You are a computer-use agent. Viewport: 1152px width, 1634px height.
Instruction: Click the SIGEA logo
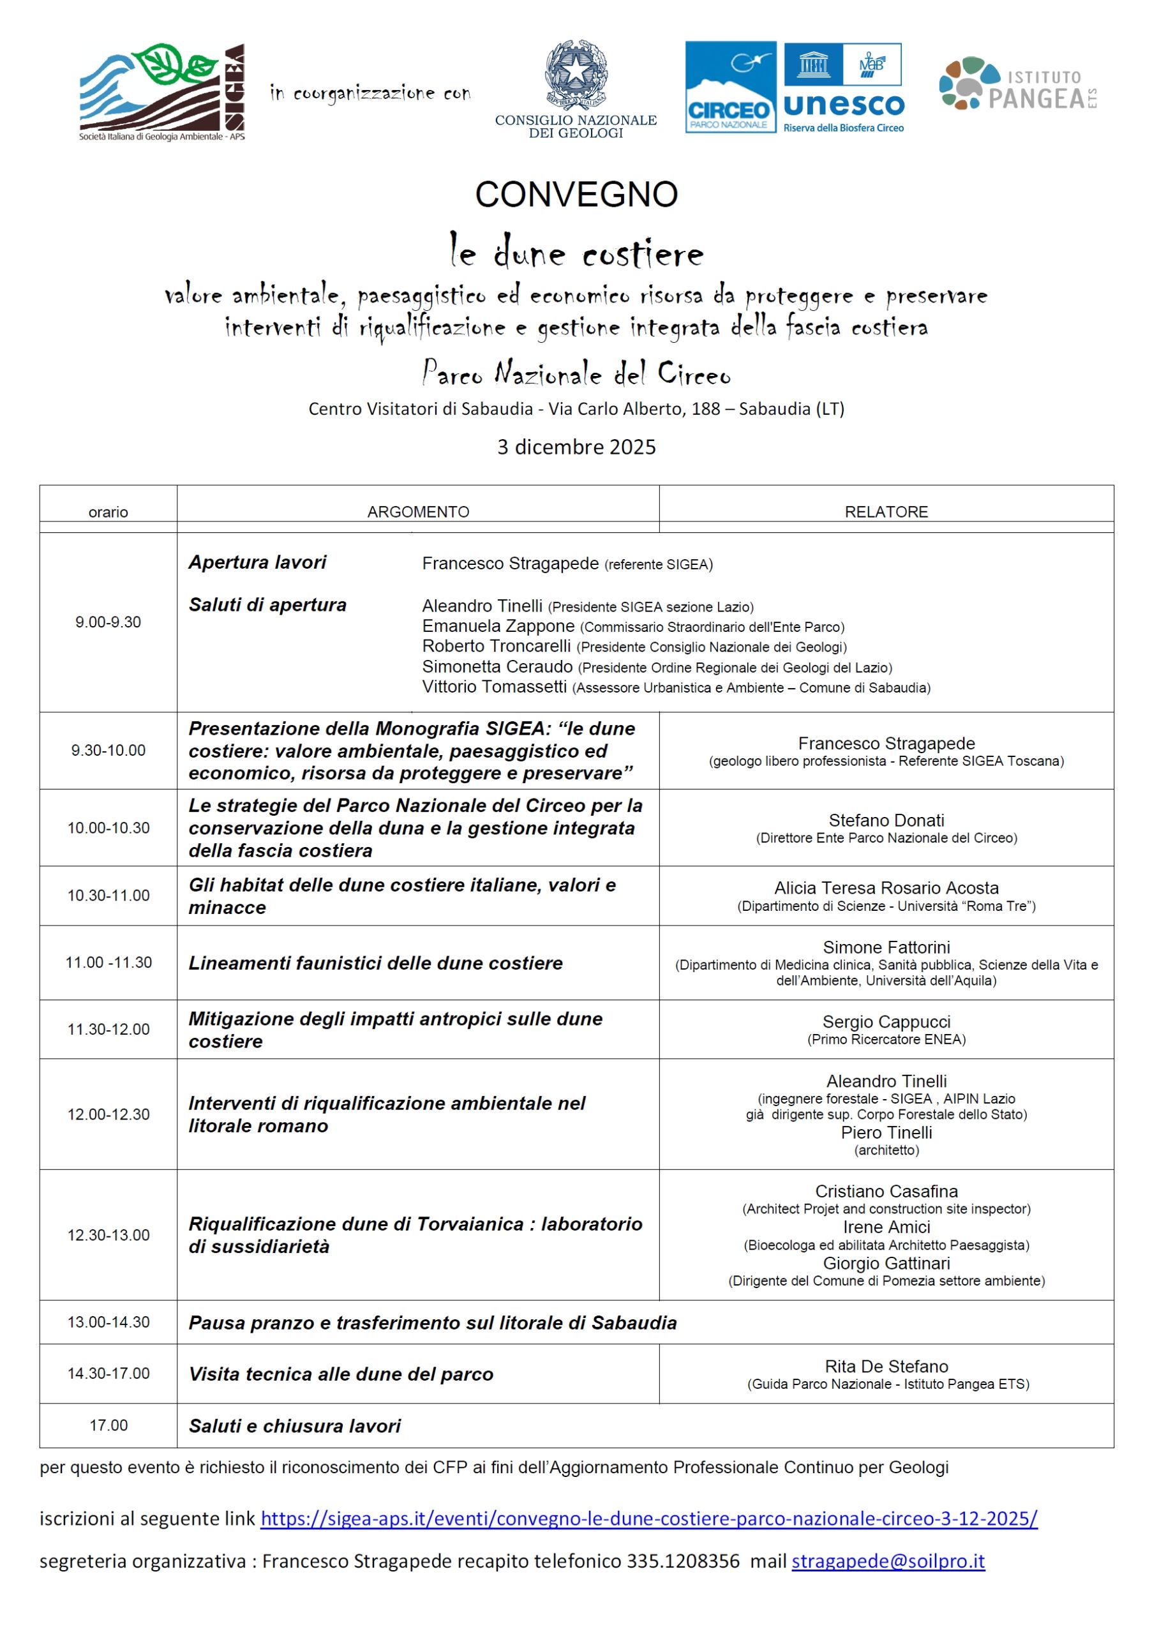click(162, 91)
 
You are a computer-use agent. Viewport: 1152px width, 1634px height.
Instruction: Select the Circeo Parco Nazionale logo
click(730, 87)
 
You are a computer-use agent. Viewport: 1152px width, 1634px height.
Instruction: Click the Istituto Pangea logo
click(1017, 84)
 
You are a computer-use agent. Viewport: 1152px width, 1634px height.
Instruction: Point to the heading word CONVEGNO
click(576, 194)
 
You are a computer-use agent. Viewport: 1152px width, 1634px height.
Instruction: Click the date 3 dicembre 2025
click(576, 447)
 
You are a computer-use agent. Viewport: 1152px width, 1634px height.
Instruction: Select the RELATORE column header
click(886, 512)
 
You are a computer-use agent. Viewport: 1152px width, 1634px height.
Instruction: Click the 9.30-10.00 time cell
click(108, 750)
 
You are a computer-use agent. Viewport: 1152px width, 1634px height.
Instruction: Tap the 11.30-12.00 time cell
click(108, 1029)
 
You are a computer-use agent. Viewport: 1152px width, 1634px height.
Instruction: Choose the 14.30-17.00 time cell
click(108, 1373)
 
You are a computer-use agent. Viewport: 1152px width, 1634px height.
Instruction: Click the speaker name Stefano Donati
click(886, 820)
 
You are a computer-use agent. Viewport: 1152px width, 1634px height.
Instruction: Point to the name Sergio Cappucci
click(886, 1021)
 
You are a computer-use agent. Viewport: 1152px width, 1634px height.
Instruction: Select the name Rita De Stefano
click(886, 1366)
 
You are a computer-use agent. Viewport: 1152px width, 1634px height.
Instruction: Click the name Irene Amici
click(886, 1227)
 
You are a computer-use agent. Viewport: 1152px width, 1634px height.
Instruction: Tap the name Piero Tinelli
click(886, 1132)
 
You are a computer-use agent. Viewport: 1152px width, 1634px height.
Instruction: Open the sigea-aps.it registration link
click(648, 1518)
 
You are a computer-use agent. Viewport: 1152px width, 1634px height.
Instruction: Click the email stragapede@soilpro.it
click(888, 1561)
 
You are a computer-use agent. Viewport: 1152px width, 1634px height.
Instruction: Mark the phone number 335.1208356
click(682, 1561)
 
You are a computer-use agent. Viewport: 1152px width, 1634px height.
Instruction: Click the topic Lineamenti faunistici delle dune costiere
click(375, 963)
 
